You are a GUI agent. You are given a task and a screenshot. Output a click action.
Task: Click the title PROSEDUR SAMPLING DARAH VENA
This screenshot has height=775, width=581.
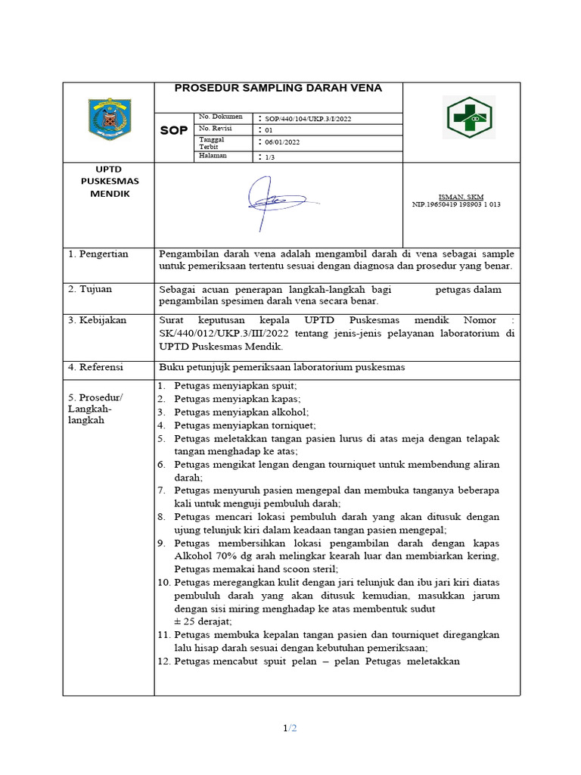point(278,88)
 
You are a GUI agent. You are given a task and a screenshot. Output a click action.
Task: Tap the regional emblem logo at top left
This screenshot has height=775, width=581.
point(110,119)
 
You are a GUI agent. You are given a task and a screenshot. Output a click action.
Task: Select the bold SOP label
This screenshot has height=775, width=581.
point(174,131)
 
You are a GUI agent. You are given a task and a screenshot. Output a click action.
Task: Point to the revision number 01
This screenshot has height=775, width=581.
point(268,129)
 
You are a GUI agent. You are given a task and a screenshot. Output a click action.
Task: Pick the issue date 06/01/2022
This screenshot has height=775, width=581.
point(281,142)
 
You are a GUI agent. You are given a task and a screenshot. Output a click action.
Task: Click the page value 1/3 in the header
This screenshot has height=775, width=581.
point(269,156)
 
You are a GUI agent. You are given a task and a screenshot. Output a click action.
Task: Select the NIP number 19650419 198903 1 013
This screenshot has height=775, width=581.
point(456,204)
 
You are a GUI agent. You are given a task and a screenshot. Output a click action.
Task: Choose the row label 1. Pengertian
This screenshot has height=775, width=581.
point(98,254)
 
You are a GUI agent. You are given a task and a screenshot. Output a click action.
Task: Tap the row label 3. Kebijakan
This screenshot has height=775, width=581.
point(98,320)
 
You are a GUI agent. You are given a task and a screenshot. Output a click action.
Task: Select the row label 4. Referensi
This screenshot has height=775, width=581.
point(97,367)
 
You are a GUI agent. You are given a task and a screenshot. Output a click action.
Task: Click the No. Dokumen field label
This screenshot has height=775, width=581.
point(220,117)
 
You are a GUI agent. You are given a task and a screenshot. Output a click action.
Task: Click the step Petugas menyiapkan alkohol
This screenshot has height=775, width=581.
point(241,412)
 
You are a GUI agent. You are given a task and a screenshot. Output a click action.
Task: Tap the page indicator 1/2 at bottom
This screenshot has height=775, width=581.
point(290,728)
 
